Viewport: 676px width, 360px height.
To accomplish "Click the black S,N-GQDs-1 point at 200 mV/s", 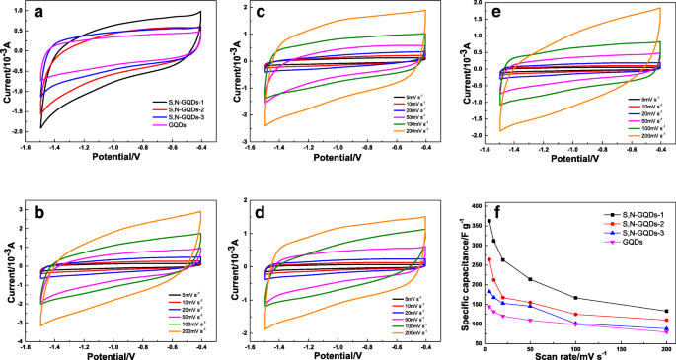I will tap(667, 312).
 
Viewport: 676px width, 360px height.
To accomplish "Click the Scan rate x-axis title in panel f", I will tap(575, 352).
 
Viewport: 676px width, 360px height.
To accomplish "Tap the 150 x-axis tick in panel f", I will tap(621, 341).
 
